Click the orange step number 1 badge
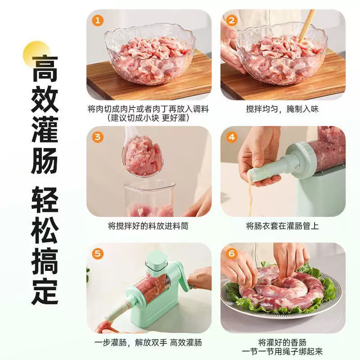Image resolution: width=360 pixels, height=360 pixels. (98, 20)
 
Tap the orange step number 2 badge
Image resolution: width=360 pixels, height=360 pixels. (232, 20)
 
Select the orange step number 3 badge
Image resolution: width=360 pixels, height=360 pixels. (98, 137)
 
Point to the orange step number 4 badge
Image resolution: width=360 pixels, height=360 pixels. (232, 137)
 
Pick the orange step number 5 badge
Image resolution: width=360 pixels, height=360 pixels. (98, 254)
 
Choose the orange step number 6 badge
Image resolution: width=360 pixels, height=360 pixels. (232, 254)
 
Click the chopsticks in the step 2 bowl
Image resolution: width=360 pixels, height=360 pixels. (307, 25)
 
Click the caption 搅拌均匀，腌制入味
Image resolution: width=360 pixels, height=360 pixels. (283, 109)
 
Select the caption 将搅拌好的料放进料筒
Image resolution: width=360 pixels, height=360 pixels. (148, 226)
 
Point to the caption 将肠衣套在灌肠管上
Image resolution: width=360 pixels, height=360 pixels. (283, 226)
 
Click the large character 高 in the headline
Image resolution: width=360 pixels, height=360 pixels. (45, 68)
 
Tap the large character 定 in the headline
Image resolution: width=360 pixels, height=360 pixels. (45, 291)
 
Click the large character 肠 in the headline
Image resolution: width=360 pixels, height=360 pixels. (45, 161)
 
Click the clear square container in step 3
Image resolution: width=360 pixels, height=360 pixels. (150, 198)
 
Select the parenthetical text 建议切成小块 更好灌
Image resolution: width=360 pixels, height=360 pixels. (148, 118)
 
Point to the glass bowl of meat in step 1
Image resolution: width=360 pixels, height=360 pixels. (149, 54)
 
